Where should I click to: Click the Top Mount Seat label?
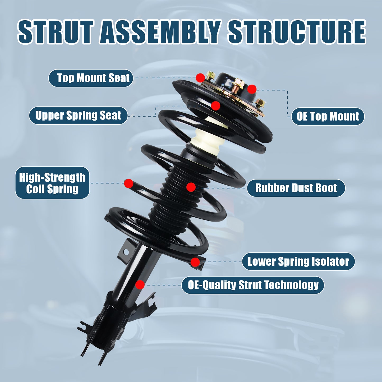click(x=91, y=78)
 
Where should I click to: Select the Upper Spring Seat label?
click(x=78, y=116)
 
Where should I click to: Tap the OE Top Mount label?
click(x=328, y=116)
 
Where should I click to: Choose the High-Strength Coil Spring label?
click(x=52, y=183)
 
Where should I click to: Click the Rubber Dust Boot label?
click(x=296, y=188)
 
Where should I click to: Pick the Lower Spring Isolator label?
click(x=298, y=261)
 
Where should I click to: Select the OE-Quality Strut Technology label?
click(x=253, y=285)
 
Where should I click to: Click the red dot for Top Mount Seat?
click(x=200, y=78)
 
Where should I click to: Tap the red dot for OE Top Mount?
click(x=252, y=89)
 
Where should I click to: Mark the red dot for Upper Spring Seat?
click(x=216, y=106)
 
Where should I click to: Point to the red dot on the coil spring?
click(x=129, y=183)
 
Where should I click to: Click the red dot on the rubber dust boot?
click(x=191, y=187)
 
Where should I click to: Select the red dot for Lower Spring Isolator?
click(x=195, y=262)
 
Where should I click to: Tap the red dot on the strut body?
click(x=140, y=285)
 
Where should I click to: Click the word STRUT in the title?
click(x=56, y=32)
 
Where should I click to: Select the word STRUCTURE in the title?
click(x=297, y=32)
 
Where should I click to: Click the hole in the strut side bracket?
click(x=126, y=252)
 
